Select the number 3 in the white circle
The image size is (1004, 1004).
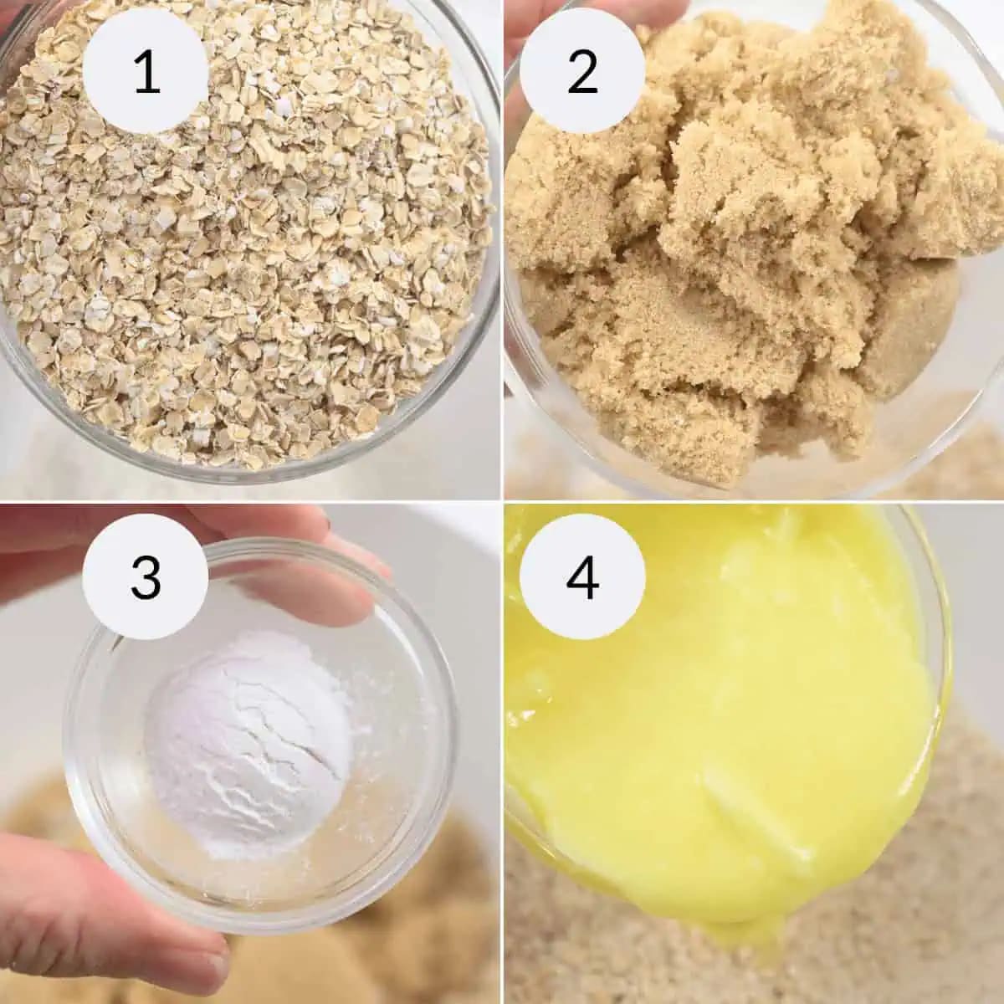(x=146, y=576)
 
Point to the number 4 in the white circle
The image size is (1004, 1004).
(x=582, y=576)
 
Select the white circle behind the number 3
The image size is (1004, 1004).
(x=146, y=576)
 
